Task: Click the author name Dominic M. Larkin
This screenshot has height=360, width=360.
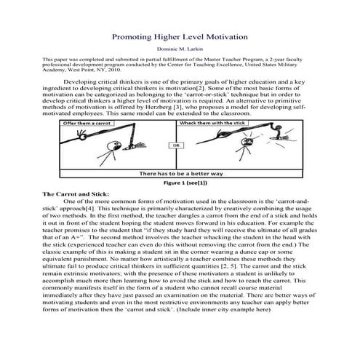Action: click(x=180, y=49)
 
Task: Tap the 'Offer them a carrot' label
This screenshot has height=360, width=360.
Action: click(x=87, y=123)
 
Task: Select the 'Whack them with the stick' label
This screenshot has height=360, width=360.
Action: click(x=212, y=123)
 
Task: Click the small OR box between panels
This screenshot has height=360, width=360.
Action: click(x=176, y=145)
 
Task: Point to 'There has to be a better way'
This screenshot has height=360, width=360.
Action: click(x=181, y=174)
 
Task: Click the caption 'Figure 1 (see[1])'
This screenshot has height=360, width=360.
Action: click(x=185, y=183)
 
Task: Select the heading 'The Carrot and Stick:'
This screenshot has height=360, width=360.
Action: click(x=76, y=194)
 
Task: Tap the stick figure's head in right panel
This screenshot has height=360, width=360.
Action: click(x=247, y=141)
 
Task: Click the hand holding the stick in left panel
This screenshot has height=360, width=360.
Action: click(x=81, y=135)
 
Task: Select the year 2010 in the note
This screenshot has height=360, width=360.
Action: click(x=115, y=70)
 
